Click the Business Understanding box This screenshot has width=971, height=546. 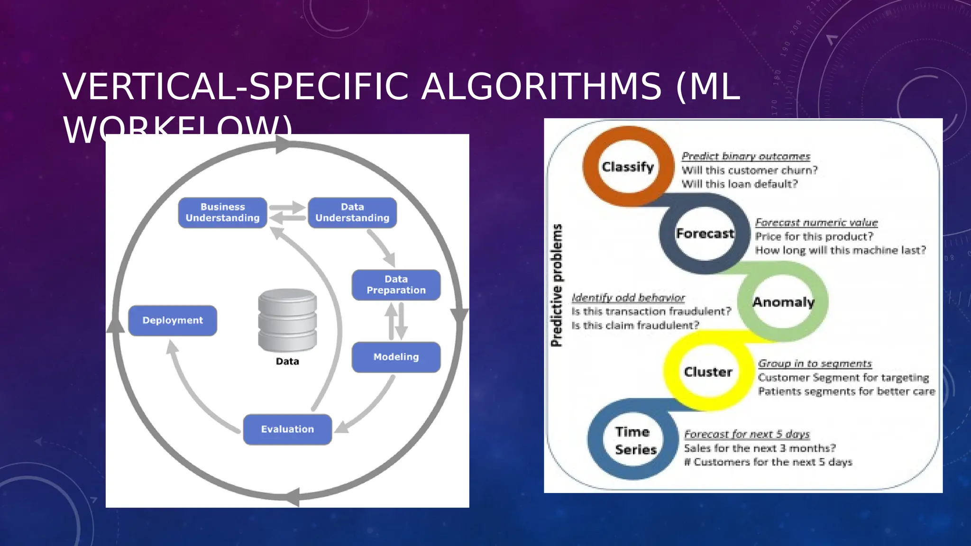pos(222,212)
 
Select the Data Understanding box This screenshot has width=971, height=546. pos(352,212)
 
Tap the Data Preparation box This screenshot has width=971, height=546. pos(396,285)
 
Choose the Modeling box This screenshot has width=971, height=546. pos(396,357)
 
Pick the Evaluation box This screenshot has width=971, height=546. pos(287,429)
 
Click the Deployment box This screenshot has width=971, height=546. pos(173,320)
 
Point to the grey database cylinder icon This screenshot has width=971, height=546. pos(287,320)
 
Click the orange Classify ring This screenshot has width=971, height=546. pos(628,166)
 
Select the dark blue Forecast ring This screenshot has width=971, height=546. pos(705,233)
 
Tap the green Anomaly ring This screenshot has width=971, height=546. pos(783,302)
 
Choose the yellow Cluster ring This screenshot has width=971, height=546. pos(708,372)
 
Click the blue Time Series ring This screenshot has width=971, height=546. pos(635,440)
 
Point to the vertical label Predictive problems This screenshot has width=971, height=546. pos(557,285)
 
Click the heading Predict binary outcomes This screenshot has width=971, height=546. pos(745,156)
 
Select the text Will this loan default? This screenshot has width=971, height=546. pos(739,184)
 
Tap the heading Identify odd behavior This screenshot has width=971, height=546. pos(628,298)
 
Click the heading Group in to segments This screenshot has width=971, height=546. pos(815,364)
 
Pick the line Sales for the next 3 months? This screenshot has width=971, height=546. pos(759,448)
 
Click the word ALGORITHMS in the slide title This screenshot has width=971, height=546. pos(541,87)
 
